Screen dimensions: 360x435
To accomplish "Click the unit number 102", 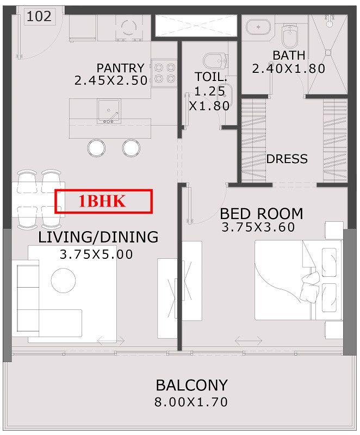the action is [x=39, y=16].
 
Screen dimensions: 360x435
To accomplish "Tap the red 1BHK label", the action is [x=103, y=201].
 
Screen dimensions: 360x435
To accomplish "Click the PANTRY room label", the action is [x=120, y=68].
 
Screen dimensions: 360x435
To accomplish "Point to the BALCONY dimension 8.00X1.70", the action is [x=191, y=402].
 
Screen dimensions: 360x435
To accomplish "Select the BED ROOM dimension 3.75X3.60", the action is [x=258, y=227].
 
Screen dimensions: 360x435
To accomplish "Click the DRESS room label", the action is [x=287, y=159].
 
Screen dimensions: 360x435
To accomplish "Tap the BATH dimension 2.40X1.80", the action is [x=288, y=69].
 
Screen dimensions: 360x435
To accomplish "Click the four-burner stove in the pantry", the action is [x=164, y=73].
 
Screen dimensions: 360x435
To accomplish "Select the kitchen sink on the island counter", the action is [x=109, y=111].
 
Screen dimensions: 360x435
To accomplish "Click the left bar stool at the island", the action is [x=96, y=148].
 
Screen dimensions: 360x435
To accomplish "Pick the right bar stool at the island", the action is [x=131, y=148].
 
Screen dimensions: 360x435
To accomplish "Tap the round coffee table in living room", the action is [x=64, y=280].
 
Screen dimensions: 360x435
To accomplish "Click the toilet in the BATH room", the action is [x=289, y=35].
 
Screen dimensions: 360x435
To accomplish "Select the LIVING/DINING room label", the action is [x=98, y=237].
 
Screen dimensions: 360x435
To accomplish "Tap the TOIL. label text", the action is [x=211, y=77].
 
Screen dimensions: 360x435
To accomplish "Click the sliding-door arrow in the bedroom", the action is [x=249, y=340].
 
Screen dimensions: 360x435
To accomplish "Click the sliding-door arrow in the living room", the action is [x=111, y=341].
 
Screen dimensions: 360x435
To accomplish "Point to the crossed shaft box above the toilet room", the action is [x=196, y=26].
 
